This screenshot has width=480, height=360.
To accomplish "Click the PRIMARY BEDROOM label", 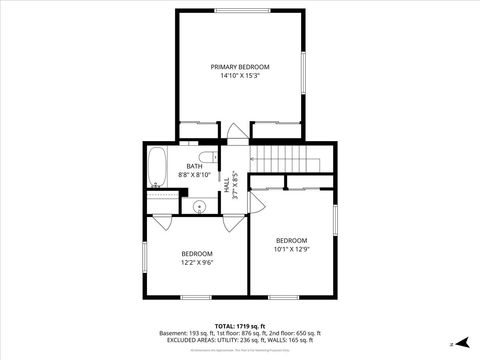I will [x=240, y=66].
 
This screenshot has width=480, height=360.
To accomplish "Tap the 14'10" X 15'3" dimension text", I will [x=240, y=75].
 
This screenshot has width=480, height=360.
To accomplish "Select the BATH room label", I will [x=195, y=166].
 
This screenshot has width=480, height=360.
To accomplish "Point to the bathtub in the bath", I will [x=158, y=168].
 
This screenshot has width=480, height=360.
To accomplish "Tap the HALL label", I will [x=227, y=186].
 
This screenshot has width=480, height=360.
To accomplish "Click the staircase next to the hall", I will [x=285, y=159].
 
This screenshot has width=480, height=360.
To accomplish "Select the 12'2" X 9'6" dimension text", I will [x=197, y=263].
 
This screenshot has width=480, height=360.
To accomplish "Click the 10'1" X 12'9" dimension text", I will [x=292, y=249].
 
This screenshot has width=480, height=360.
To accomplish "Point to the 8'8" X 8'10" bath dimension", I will [x=195, y=175].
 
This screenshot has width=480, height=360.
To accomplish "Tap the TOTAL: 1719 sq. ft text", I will [x=240, y=325].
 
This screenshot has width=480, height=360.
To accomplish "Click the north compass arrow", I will [x=462, y=343].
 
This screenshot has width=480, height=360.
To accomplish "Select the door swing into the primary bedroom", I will [x=234, y=131].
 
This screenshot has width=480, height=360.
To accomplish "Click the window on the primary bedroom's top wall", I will [x=240, y=11].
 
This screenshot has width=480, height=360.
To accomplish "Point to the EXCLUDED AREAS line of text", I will [x=240, y=340].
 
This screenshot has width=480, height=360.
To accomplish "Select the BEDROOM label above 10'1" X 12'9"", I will [x=292, y=240].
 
